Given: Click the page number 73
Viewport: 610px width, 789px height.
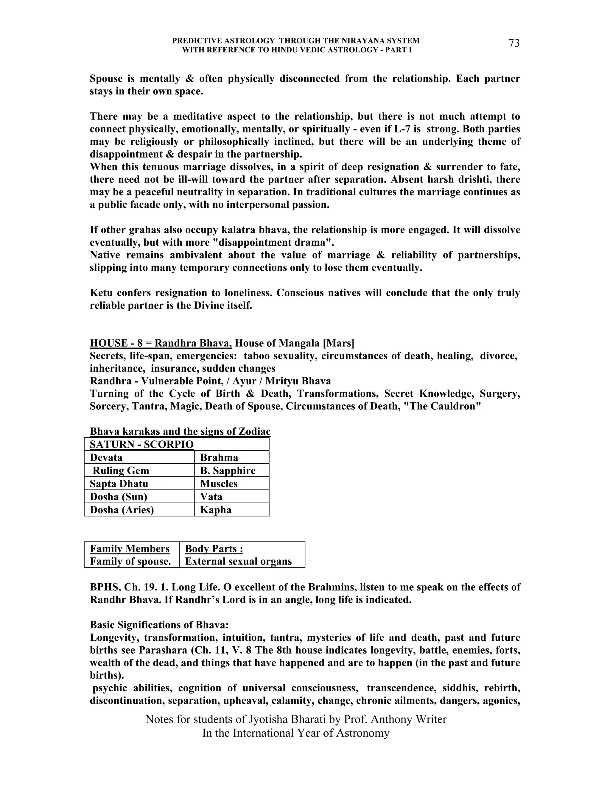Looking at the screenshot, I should coord(514,43).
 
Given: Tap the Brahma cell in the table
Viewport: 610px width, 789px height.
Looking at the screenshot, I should coord(219,457).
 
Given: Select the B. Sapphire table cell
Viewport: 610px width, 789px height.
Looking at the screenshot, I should coord(228,470).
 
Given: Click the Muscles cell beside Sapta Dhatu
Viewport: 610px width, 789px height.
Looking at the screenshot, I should coord(219,483).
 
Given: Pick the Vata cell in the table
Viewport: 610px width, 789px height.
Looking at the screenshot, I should coord(211,496).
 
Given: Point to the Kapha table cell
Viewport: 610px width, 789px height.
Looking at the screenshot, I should coord(216,510).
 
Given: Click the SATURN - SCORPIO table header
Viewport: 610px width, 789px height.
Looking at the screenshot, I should coord(142,444).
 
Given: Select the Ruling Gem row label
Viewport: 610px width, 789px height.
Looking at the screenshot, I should coord(121,470).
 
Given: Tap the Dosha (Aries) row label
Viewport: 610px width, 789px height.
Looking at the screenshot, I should coord(122,510).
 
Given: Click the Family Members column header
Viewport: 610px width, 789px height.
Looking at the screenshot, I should coord(129,549).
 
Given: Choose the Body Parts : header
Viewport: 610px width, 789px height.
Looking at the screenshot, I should coord(214,549).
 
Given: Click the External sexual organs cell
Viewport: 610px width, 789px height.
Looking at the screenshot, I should coord(238,562).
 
